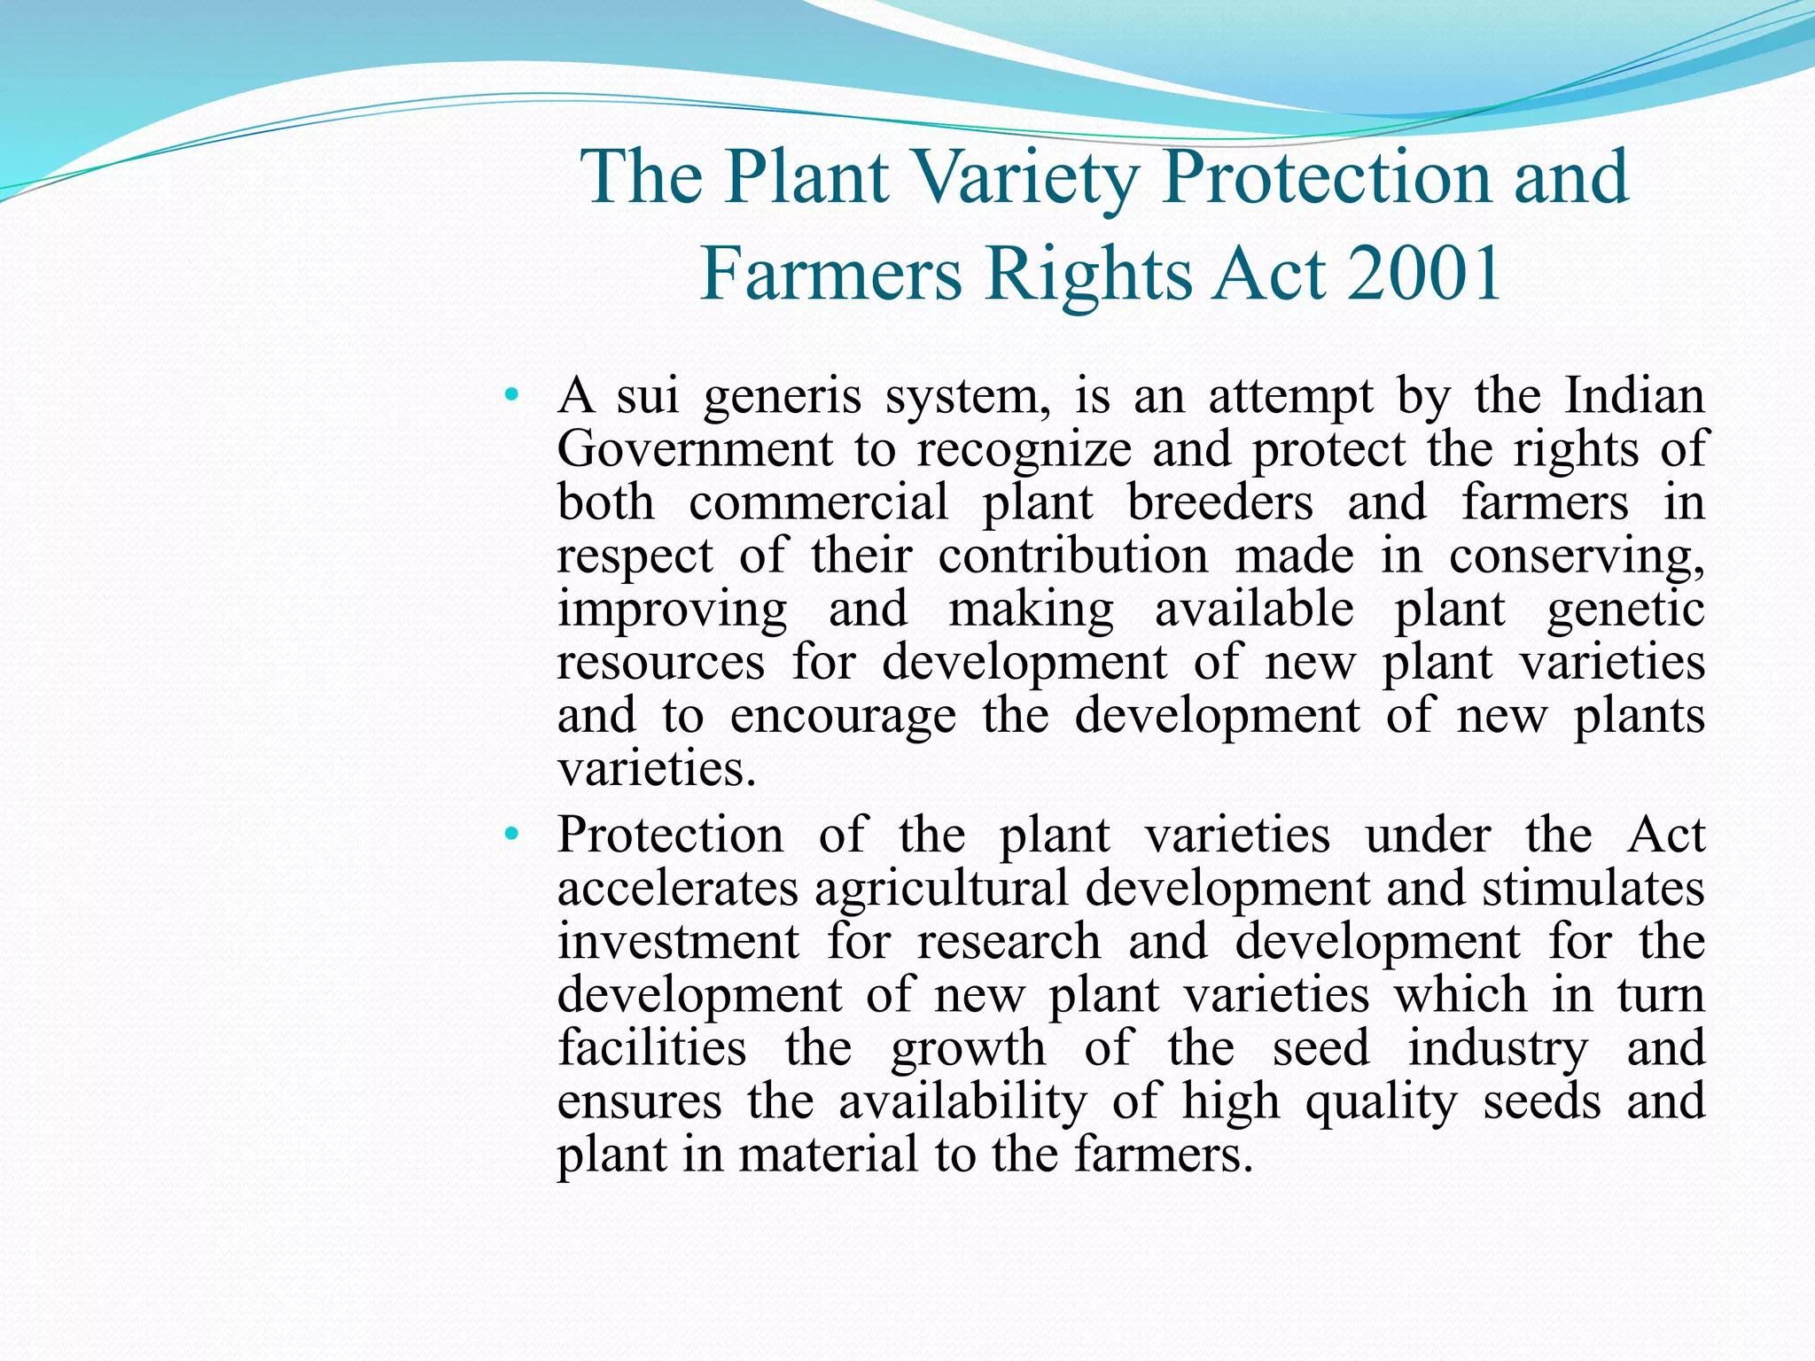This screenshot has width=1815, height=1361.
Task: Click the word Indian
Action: (1634, 395)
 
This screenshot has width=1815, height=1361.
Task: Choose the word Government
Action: (695, 448)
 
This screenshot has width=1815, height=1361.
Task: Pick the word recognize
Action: (1024, 450)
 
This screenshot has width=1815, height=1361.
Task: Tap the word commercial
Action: (819, 502)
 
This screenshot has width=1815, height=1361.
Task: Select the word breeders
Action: (1219, 502)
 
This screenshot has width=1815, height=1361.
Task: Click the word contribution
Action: (1073, 556)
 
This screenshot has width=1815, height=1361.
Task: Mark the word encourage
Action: (843, 717)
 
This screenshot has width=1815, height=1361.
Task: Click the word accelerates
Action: (678, 888)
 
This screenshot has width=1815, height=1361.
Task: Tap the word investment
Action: (678, 941)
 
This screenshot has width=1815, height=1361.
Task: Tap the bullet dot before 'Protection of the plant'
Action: (510, 834)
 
